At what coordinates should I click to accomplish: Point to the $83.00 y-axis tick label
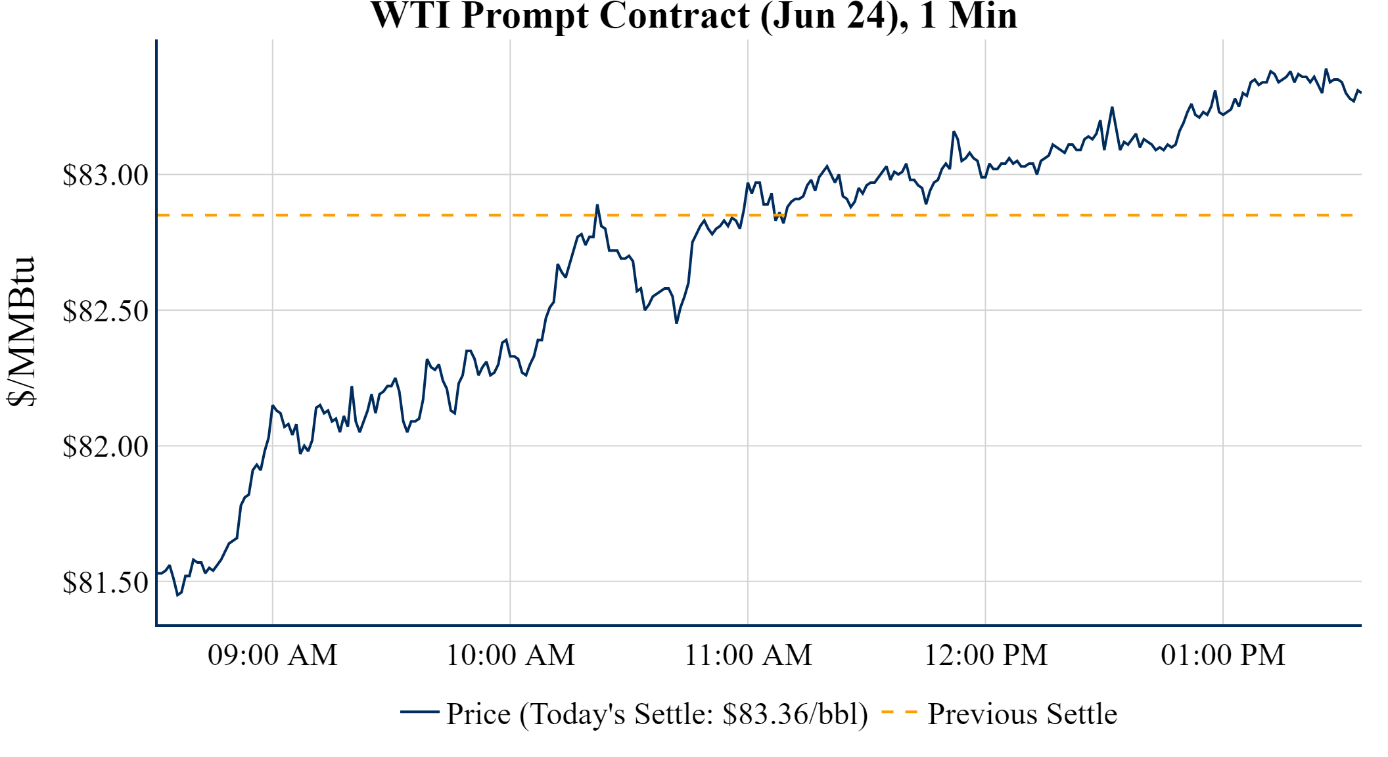105,175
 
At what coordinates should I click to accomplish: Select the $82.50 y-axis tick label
105,311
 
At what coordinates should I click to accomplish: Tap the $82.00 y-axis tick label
105,447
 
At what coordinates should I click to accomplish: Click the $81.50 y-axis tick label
105,582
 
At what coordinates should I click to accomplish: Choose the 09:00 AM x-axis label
273,655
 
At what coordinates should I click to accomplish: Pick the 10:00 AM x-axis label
511,655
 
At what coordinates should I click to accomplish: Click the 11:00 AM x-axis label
749,655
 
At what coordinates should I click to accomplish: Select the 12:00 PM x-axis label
986,655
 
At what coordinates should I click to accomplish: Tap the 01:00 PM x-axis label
1223,655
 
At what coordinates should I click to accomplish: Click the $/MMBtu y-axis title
21,331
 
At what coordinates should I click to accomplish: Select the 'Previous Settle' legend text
1022,714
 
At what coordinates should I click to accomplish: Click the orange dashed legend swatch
898,712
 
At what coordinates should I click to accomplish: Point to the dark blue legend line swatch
419,712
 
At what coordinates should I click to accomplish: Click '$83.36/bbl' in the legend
794,714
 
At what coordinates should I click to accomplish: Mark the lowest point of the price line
177,595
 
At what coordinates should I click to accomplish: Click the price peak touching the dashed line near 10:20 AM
597,205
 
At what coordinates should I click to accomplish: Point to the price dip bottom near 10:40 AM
676,323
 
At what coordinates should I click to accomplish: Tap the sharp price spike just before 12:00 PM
954,132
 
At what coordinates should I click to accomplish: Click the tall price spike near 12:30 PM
1112,108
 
